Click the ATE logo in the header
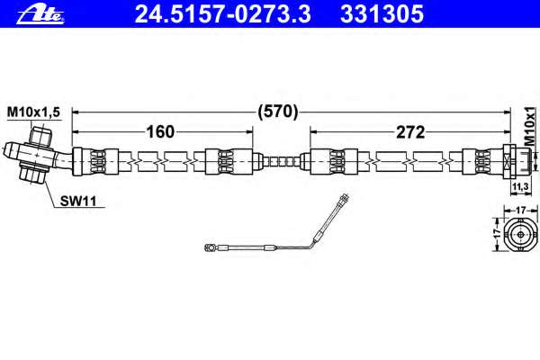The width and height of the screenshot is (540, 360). (x=40, y=15)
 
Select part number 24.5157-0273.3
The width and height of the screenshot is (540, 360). (x=223, y=13)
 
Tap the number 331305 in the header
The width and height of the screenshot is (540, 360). (x=382, y=13)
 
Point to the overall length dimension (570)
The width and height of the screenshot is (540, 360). (x=278, y=112)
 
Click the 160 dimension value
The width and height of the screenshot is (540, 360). (x=160, y=132)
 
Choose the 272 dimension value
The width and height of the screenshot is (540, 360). (x=410, y=132)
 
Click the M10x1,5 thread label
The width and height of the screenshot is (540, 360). (x=33, y=112)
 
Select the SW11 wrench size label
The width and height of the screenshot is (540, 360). (x=78, y=201)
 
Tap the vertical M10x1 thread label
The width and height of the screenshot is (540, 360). (x=530, y=126)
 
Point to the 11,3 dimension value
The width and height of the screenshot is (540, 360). (x=520, y=186)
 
